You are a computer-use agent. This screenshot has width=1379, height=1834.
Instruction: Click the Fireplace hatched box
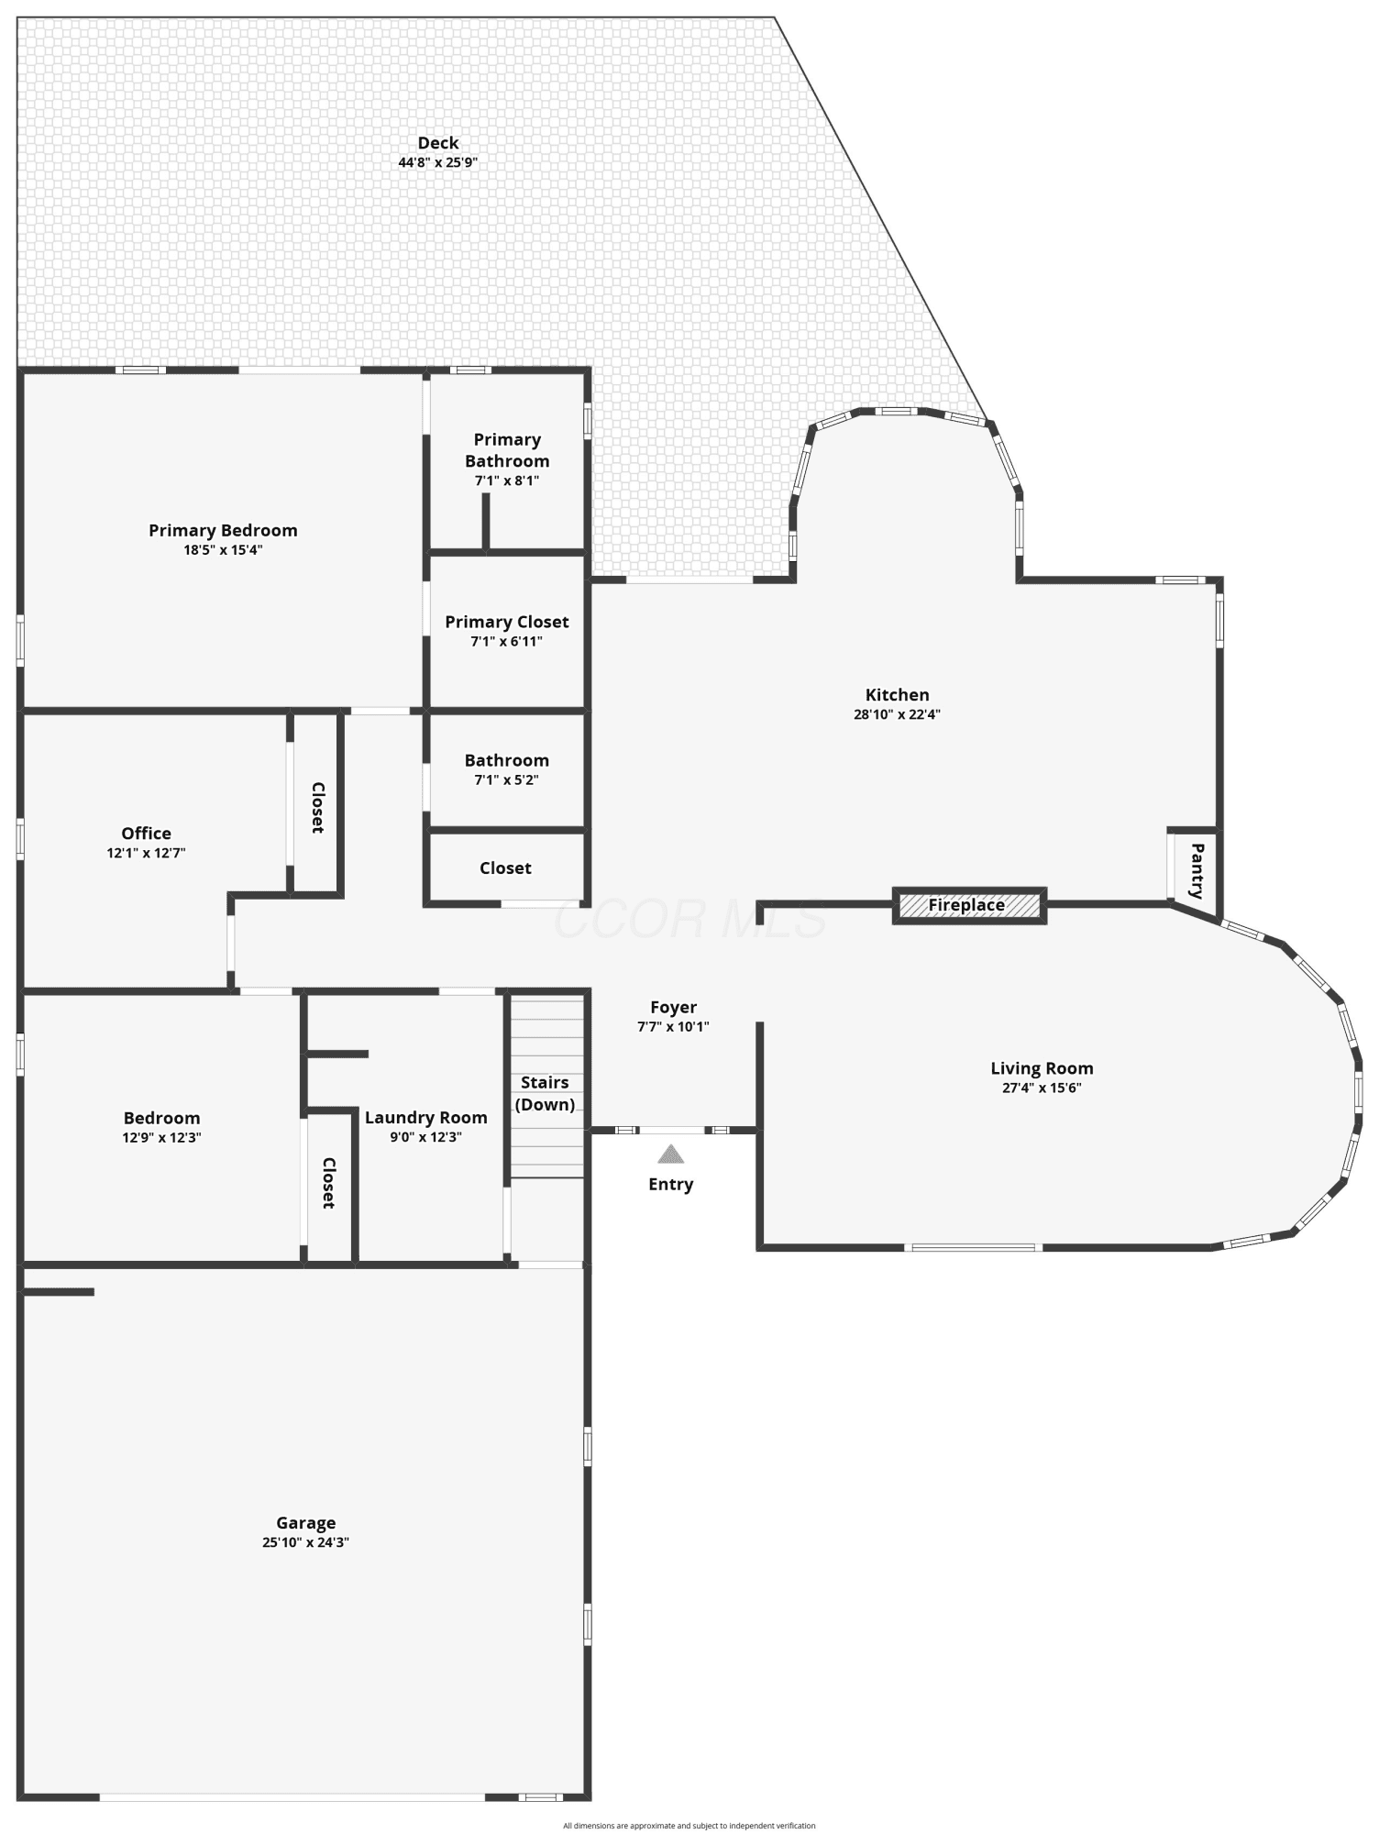point(969,905)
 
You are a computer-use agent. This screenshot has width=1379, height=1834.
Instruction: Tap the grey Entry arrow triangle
point(670,1154)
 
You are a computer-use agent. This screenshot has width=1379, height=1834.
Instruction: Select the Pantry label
point(1197,870)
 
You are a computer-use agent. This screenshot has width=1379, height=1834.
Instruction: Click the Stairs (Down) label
point(545,1093)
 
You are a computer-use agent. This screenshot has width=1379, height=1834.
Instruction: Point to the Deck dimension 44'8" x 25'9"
point(438,162)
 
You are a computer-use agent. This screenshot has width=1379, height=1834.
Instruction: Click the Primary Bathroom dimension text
point(506,481)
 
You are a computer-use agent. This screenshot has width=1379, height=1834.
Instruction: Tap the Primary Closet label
point(507,622)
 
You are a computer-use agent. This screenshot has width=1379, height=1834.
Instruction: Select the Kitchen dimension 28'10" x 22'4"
point(897,714)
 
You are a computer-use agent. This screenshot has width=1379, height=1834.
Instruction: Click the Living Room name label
point(1042,1068)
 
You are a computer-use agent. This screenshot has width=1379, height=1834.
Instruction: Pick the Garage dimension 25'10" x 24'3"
point(305,1542)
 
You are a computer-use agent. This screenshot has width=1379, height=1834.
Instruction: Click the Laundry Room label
point(425,1118)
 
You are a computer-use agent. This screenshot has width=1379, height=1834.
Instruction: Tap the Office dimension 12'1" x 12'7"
point(146,853)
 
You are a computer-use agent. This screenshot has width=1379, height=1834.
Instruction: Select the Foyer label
point(673,1008)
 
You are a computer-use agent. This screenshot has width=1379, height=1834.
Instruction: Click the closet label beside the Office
point(317,807)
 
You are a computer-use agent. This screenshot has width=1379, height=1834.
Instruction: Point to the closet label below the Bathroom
point(505,867)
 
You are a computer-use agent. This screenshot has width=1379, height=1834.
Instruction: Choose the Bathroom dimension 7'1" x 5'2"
point(506,780)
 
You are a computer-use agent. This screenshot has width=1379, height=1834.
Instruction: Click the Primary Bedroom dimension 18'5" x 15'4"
point(223,550)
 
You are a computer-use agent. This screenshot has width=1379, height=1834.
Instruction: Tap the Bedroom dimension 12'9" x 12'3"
point(161,1138)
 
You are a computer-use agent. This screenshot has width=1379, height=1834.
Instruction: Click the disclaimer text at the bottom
point(689,1826)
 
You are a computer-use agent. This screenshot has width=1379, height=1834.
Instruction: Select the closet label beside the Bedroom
point(328,1183)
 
